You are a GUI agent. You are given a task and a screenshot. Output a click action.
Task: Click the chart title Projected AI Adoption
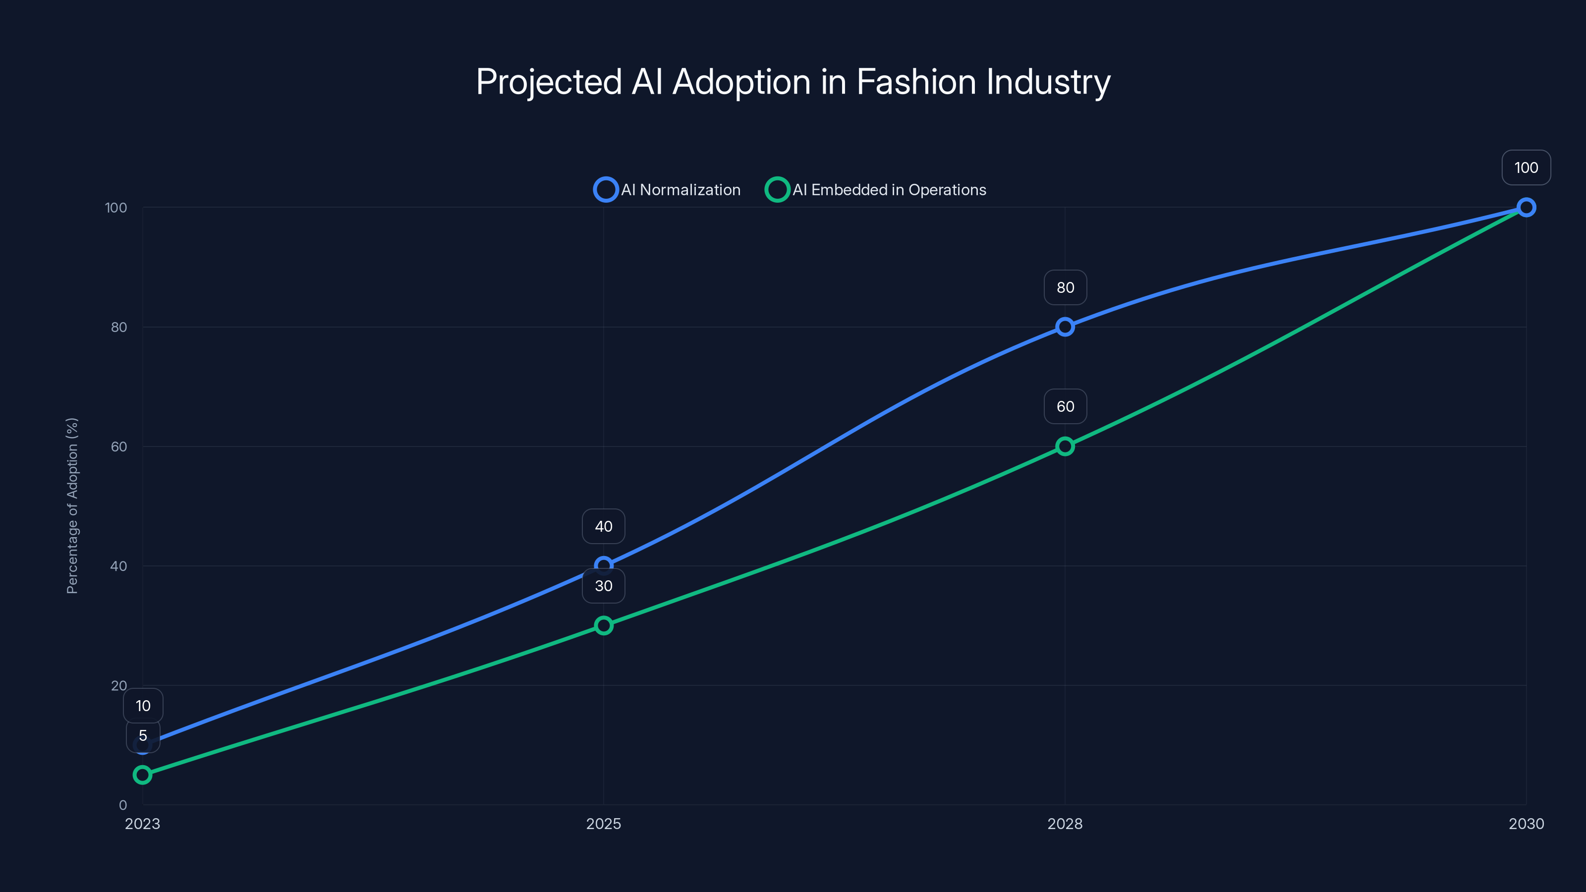(x=793, y=82)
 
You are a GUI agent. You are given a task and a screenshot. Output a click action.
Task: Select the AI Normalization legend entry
(x=668, y=190)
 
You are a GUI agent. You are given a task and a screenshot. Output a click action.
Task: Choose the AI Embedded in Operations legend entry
(x=875, y=190)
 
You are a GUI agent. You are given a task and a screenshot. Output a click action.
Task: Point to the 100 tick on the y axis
(x=116, y=208)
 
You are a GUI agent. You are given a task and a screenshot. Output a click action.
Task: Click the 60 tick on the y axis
(x=119, y=446)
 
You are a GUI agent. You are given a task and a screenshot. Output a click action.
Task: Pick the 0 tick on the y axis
(x=123, y=805)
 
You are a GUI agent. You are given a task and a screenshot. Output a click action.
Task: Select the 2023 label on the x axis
(x=142, y=824)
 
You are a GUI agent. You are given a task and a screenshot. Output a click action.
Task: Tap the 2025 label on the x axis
(x=603, y=824)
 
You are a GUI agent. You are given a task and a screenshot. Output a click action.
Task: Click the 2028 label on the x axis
(x=1065, y=824)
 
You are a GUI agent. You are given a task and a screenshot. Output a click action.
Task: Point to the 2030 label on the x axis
(x=1526, y=824)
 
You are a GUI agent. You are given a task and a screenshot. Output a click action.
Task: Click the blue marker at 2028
(x=1065, y=327)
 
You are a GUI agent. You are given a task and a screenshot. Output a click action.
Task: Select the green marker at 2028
(x=1065, y=446)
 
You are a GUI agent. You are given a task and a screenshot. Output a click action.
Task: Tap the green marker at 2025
(x=603, y=625)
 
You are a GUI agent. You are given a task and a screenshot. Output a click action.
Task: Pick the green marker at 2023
(x=142, y=775)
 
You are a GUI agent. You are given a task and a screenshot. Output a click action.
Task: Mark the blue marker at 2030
(x=1526, y=208)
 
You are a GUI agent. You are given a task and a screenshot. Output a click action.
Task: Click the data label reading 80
(x=1065, y=287)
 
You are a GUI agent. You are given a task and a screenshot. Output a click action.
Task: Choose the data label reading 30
(x=603, y=585)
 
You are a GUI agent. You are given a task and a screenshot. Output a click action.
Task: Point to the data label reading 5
(x=143, y=735)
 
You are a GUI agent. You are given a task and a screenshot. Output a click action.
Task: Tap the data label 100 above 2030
(x=1526, y=167)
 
